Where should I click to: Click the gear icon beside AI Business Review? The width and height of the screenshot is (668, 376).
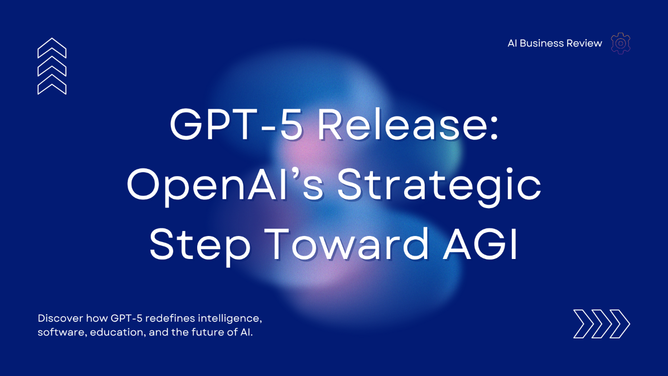(x=621, y=43)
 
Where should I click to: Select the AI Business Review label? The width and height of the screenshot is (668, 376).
(x=554, y=43)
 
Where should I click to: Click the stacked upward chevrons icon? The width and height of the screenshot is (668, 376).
(x=52, y=66)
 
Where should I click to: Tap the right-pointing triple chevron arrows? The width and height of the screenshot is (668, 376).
(x=601, y=324)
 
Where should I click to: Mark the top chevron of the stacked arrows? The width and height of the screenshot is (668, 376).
(x=52, y=47)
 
